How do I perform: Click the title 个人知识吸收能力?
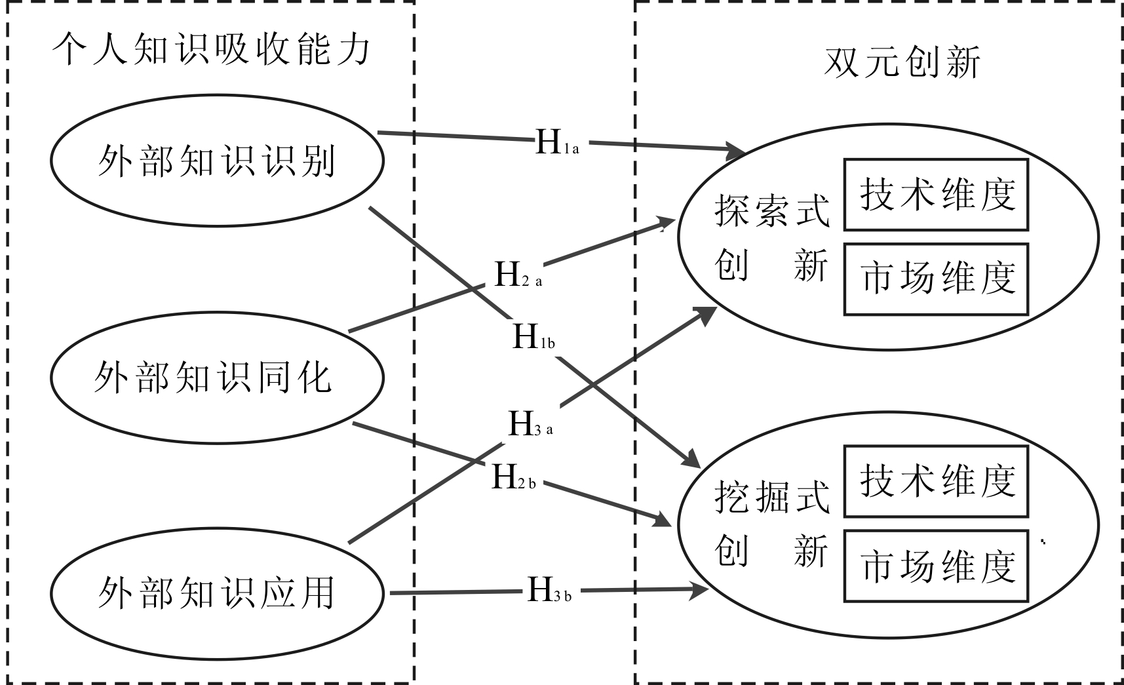[212, 50]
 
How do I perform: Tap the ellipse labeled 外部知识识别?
[216, 161]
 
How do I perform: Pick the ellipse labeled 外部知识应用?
[216, 593]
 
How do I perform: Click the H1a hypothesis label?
[556, 142]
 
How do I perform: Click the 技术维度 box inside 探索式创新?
[936, 195]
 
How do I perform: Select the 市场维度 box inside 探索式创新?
[936, 279]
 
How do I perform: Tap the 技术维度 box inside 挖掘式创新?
[936, 481]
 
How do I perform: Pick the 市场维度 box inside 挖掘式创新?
[936, 566]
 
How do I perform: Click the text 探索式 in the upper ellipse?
[771, 210]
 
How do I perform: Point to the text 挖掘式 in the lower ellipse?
[771, 498]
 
